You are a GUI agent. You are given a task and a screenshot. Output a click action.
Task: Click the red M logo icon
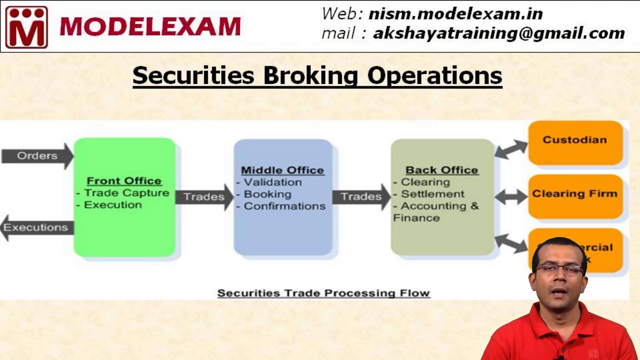coord(26,27)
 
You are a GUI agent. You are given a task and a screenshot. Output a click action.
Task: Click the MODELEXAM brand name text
coord(150,27)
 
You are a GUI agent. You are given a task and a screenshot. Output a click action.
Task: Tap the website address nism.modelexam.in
coord(455,13)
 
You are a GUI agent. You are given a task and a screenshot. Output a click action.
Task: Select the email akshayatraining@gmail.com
coord(498,33)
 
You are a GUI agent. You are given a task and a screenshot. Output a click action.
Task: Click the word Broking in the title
coord(310,75)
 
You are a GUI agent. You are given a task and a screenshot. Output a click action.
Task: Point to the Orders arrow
coord(37,156)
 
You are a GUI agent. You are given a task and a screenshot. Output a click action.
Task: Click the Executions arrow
coord(36,227)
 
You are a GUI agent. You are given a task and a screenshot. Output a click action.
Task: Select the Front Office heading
coord(124,181)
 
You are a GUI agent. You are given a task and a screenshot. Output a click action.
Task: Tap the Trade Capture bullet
coord(126,193)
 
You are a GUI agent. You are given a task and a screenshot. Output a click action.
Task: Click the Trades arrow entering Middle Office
coord(204,197)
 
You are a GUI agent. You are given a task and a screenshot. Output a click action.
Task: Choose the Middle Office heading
coord(282,170)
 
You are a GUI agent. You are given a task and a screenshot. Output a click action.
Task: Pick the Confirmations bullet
coord(284,206)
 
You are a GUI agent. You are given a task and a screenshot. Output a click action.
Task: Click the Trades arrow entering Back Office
coord(361,197)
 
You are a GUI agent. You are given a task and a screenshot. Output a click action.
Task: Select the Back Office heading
coord(441,170)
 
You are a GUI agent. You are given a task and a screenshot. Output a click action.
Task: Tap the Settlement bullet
coord(432,194)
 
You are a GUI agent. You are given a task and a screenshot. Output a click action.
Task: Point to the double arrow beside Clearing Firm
coord(510,197)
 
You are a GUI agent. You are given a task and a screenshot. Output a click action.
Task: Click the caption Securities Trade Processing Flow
coord(323,293)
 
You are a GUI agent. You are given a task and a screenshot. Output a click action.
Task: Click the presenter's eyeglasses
coord(558,269)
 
